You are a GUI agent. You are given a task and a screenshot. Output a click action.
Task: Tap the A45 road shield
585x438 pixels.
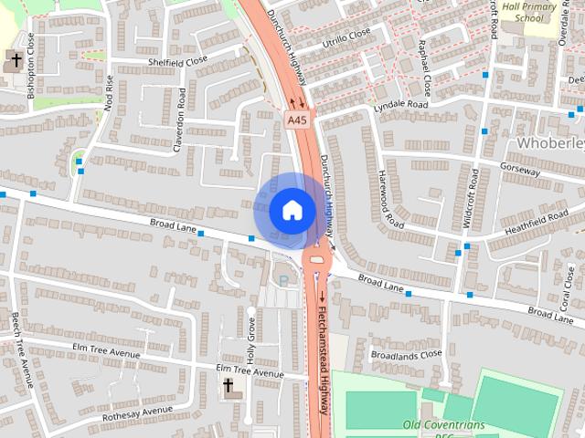pyautogui.click(x=296, y=120)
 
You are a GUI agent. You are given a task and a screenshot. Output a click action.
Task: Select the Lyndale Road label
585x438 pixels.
pyautogui.click(x=400, y=106)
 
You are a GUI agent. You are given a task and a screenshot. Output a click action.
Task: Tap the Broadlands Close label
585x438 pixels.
pyautogui.click(x=406, y=354)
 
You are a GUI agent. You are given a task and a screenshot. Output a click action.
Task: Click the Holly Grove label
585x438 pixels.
pyautogui.click(x=250, y=340)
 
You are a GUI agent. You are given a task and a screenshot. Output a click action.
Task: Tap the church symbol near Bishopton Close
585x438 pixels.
pyautogui.click(x=14, y=61)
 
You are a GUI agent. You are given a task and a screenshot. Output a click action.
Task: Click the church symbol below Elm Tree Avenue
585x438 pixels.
pyautogui.click(x=229, y=387)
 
